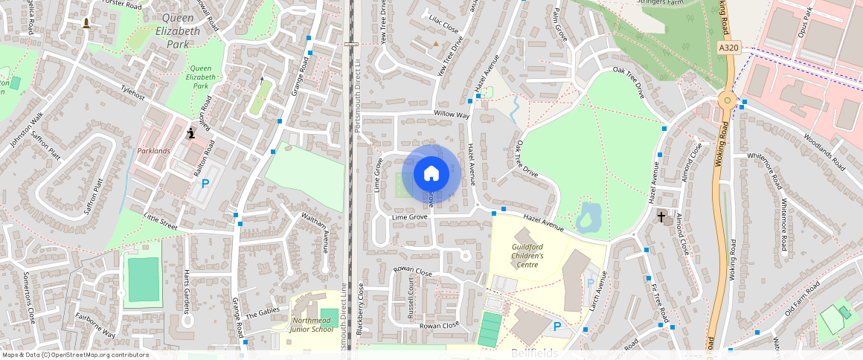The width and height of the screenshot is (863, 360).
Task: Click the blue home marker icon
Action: tap(431, 174)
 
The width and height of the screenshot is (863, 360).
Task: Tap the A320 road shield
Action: tap(729, 48)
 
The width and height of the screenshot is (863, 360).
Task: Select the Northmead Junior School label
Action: tap(312, 324)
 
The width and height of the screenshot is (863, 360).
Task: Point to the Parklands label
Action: tap(154, 151)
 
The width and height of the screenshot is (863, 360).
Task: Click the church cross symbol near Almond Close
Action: tap(661, 216)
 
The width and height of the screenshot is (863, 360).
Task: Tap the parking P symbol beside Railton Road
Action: tap(205, 183)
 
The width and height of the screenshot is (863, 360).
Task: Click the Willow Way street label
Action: tap(452, 115)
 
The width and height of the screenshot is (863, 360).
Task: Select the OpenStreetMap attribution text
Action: tap(74, 355)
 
